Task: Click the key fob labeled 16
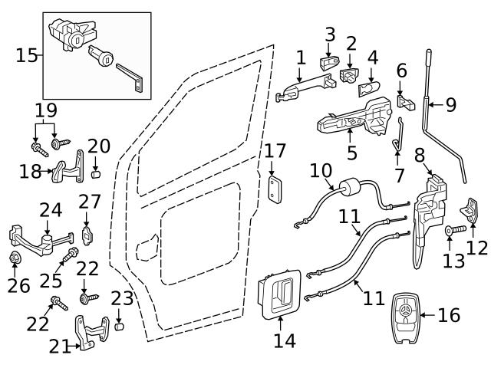[406, 315]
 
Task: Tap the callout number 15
[27, 55]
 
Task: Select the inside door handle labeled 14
[278, 294]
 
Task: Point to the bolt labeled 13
[453, 229]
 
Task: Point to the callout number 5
[351, 153]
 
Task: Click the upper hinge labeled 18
[70, 169]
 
